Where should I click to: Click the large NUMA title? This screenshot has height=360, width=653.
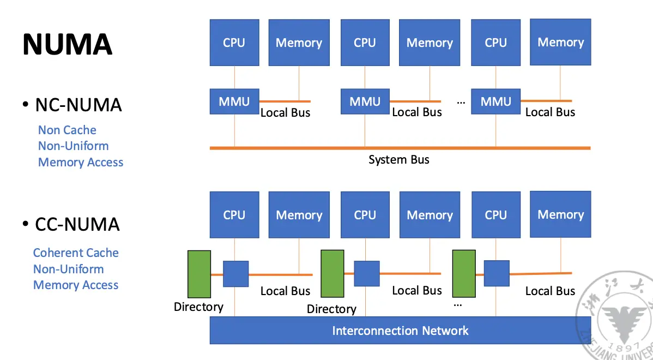(x=67, y=44)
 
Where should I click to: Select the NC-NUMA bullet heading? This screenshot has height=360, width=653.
(x=78, y=104)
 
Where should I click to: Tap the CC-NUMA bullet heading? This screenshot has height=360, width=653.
(x=77, y=224)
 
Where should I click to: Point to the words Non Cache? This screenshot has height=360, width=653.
(x=67, y=130)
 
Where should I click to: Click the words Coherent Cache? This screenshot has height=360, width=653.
(x=76, y=253)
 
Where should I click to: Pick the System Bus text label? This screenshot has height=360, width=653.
(x=398, y=160)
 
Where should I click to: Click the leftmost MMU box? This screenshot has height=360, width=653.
(x=234, y=101)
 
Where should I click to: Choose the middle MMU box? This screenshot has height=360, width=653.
(x=365, y=101)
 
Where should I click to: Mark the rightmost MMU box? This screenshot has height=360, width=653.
(x=496, y=101)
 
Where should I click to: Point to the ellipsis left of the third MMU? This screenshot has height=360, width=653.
(x=461, y=102)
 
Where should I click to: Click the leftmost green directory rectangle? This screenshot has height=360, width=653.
(x=199, y=274)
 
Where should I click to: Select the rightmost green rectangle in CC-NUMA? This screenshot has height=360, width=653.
(x=464, y=274)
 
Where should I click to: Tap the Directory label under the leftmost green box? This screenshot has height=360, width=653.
(x=198, y=307)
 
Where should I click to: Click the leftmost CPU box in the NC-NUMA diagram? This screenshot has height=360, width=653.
(x=234, y=43)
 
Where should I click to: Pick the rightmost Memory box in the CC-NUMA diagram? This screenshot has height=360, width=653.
(x=560, y=214)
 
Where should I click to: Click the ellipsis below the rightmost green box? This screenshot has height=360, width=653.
(x=458, y=304)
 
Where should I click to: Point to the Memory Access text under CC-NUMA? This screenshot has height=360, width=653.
(x=76, y=285)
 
